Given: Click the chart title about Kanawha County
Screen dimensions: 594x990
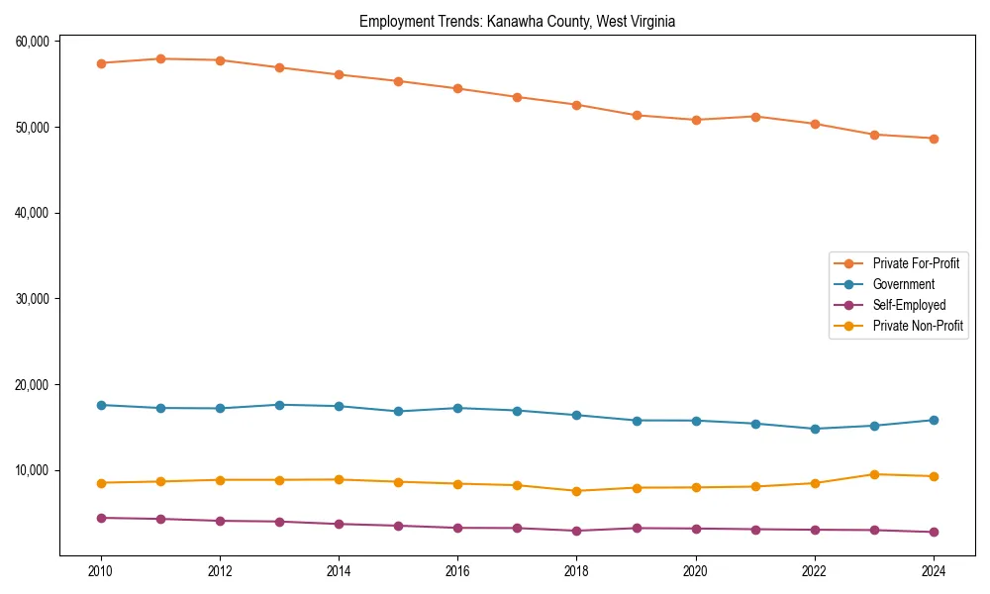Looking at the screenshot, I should point(517,21).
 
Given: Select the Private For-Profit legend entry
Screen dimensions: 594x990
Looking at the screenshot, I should point(915,263).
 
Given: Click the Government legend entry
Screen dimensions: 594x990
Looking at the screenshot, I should point(903,284).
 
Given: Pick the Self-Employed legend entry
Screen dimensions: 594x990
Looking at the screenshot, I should point(909,305).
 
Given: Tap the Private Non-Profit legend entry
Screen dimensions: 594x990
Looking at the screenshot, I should point(918,326).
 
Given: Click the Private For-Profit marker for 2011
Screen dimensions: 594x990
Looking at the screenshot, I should point(160,58).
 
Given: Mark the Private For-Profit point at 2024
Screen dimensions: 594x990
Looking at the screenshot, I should point(934,139).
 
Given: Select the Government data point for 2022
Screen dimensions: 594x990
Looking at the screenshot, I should point(815,429).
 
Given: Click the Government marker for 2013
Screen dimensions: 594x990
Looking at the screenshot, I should point(279,405).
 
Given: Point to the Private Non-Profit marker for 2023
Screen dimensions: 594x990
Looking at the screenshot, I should point(874,474).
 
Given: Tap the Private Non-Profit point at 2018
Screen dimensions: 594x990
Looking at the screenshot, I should point(576,491).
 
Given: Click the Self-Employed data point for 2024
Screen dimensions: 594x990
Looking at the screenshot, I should point(934,532).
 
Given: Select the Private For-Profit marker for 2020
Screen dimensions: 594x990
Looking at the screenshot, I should point(696,120).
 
